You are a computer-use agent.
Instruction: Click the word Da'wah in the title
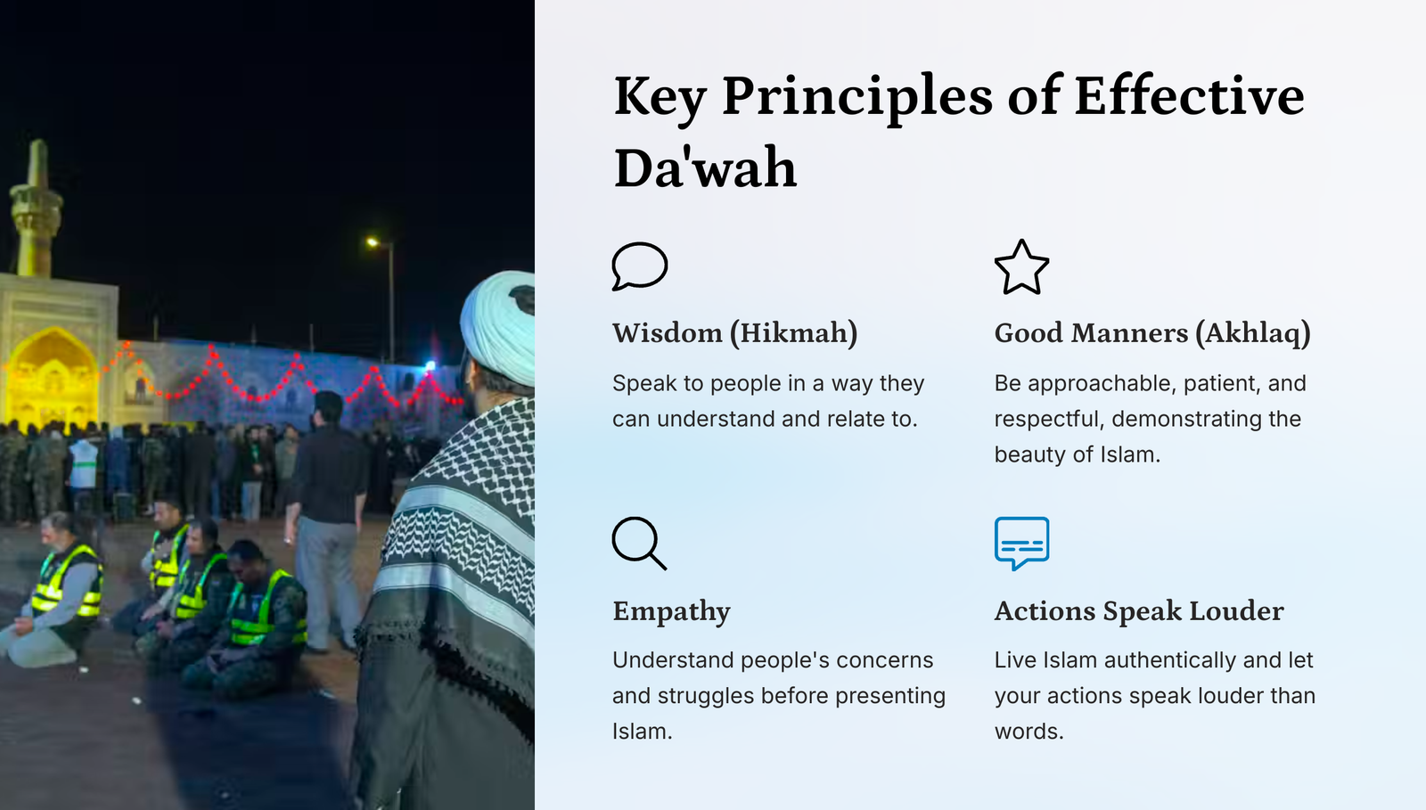705,168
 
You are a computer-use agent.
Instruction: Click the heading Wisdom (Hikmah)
734,333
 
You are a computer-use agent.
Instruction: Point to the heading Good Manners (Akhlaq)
1152,333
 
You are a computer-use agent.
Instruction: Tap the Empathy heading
672,611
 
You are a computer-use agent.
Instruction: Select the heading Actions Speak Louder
1139,610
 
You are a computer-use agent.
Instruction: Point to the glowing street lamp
373,241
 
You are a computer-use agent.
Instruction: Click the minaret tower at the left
37,210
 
